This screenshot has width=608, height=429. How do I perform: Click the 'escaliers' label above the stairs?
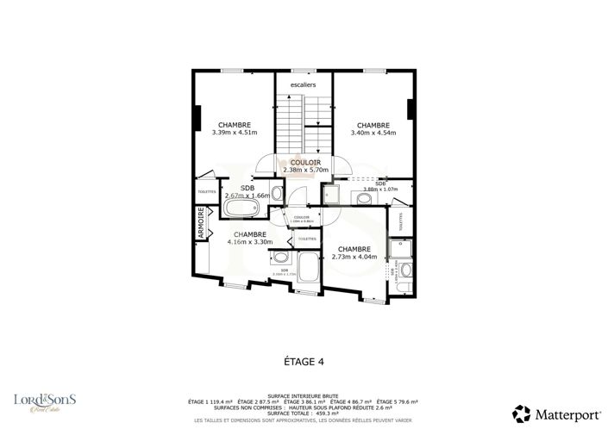tap(304, 84)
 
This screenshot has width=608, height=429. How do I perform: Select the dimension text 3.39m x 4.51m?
tap(235, 133)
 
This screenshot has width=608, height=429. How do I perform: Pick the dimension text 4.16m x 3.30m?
tap(249, 242)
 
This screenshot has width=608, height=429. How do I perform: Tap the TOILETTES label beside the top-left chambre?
tap(207, 191)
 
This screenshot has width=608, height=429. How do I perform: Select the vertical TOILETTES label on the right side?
tap(399, 221)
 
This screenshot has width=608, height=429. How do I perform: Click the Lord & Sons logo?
tap(45, 401)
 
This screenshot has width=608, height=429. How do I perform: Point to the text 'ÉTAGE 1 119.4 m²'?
tap(210, 401)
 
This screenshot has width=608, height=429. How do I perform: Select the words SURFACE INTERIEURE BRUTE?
tap(304, 396)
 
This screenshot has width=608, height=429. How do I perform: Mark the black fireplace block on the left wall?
tap(198, 115)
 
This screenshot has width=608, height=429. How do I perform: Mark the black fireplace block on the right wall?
tap(411, 109)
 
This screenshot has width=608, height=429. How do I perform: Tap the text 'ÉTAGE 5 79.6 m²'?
tap(398, 401)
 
